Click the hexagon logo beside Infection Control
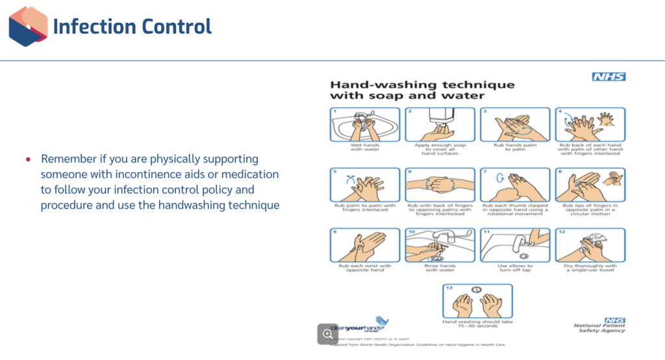click(28, 27)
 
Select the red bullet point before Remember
click(28, 159)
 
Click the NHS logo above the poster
click(609, 77)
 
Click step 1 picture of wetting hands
click(365, 124)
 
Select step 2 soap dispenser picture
click(440, 124)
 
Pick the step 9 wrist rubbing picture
click(365, 245)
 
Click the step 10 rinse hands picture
click(440, 245)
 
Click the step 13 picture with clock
click(477, 300)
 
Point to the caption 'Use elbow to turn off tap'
click(516, 268)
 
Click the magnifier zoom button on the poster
click(327, 333)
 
